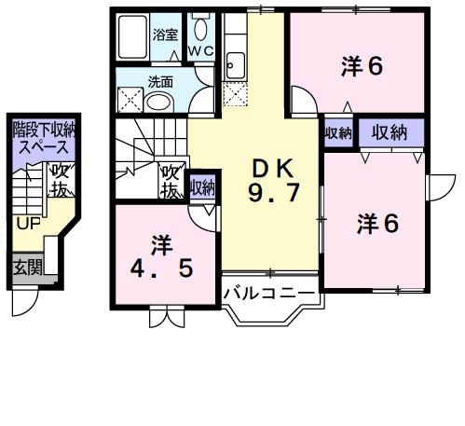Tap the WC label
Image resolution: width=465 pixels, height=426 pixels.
coord(200,50)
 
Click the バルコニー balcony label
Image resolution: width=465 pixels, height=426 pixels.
coord(270,295)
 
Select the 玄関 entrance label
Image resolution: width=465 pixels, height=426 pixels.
coord(27,267)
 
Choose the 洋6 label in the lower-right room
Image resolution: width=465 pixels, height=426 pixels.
coord(378,223)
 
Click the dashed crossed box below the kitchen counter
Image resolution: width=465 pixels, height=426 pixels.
coord(235,92)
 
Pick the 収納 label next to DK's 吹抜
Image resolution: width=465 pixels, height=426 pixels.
coord(202,186)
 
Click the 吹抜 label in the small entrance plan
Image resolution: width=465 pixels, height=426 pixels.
coord(60,179)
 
